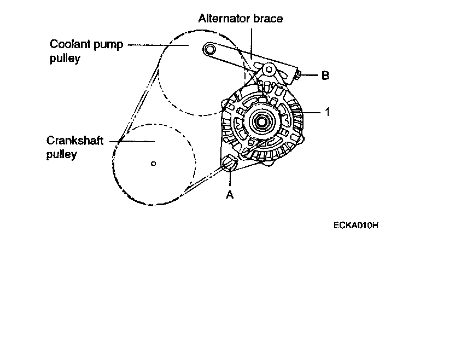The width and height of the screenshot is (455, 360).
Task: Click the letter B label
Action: coord(325,76)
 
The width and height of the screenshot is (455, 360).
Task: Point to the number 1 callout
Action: coord(326,112)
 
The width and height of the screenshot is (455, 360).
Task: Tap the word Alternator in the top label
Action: coord(221,19)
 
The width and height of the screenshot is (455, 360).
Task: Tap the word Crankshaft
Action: coord(75,142)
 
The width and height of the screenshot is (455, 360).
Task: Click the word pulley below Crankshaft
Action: coord(61,154)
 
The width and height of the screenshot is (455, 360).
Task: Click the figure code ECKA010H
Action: coord(355,224)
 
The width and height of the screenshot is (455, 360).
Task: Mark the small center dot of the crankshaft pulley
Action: coord(154,162)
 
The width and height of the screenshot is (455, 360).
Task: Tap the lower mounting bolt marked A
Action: coord(229,162)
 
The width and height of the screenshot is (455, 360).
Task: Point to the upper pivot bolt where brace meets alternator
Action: coord(267,71)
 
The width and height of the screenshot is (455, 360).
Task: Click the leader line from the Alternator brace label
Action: coord(251,41)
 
